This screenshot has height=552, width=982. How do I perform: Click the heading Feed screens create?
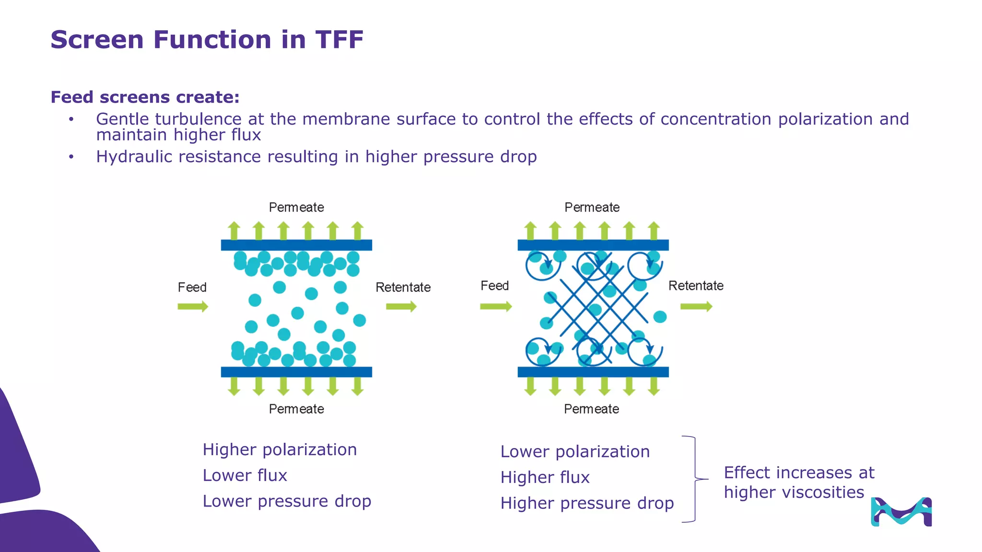tap(145, 97)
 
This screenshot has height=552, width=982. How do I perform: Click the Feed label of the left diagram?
tap(192, 287)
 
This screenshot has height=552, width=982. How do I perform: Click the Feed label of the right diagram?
tap(494, 286)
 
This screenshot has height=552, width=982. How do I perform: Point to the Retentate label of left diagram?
tap(403, 287)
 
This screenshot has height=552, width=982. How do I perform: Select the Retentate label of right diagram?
tap(696, 286)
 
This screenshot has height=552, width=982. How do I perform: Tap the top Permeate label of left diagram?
tap(296, 207)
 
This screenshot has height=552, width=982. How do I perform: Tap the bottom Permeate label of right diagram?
tap(591, 409)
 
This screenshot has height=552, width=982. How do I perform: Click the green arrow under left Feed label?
tap(193, 307)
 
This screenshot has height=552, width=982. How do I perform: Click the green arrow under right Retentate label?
tap(696, 307)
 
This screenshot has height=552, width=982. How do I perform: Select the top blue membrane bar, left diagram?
tap(296, 245)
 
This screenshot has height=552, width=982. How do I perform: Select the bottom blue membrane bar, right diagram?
tap(593, 372)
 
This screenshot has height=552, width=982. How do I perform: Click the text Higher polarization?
tap(280, 450)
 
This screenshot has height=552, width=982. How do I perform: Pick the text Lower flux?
tap(245, 476)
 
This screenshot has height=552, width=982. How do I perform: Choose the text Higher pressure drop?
tap(587, 504)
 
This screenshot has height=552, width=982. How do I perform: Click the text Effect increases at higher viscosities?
tap(798, 483)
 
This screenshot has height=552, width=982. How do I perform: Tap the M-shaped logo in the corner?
tap(901, 512)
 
